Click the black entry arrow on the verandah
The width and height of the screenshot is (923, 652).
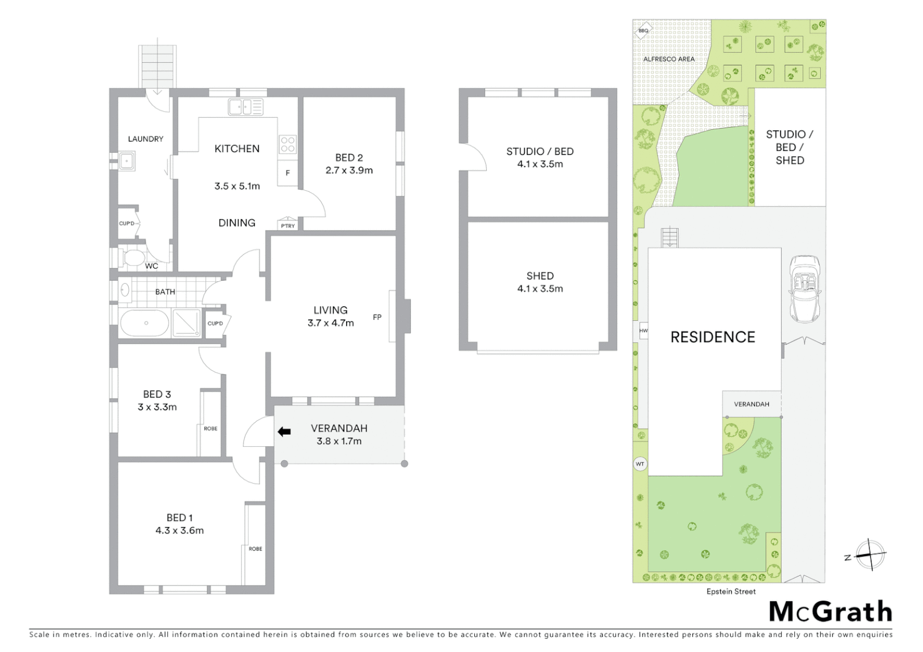coord(284,432)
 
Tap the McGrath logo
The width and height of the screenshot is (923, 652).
coord(831,612)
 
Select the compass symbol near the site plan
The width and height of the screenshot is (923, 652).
coord(870,554)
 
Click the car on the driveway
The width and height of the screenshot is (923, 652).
coord(805,289)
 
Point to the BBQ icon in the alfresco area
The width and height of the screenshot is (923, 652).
coord(643,30)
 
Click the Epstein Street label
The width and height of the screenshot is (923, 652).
coord(731,592)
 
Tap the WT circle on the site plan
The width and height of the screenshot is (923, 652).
coord(640,464)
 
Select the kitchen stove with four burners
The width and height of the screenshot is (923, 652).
coord(288,144)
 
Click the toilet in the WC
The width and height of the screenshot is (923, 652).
coord(131,258)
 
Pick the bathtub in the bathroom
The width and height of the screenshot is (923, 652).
coord(145,323)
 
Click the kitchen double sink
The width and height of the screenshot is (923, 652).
coord(246,107)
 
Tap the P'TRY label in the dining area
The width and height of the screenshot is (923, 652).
coord(288,226)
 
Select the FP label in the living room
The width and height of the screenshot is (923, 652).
coord(377,317)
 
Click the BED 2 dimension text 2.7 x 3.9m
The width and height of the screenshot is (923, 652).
coord(349,170)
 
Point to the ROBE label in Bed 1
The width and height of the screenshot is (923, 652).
coord(256,549)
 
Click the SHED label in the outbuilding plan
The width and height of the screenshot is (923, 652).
coord(540,276)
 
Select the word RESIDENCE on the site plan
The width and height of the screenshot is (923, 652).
coord(713,337)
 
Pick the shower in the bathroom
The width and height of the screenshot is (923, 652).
coord(186,322)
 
